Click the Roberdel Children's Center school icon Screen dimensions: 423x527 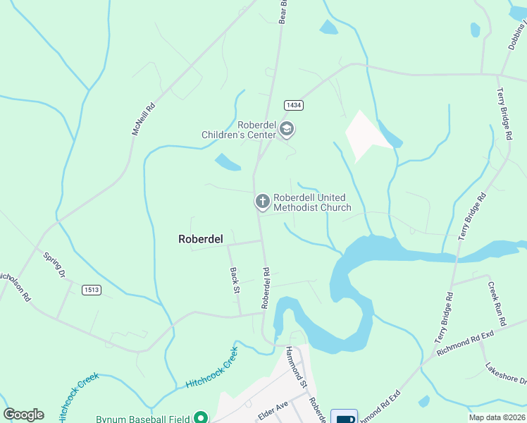pyautogui.click(x=286, y=129)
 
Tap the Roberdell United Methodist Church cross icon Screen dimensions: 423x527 pyautogui.click(x=262, y=202)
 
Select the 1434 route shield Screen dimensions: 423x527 pyautogui.click(x=294, y=105)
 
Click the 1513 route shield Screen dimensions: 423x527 pyautogui.click(x=91, y=290)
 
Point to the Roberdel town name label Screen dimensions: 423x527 pyautogui.click(x=201, y=239)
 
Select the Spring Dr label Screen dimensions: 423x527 pyautogui.click(x=54, y=265)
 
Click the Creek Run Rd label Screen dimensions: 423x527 pyautogui.click(x=497, y=303)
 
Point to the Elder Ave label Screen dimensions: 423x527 pyautogui.click(x=273, y=408)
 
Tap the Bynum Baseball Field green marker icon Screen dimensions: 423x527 pyautogui.click(x=200, y=418)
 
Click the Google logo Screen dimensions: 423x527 pyautogui.click(x=23, y=415)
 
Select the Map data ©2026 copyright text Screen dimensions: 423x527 pyautogui.click(x=487, y=417)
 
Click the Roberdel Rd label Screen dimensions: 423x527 pyautogui.click(x=266, y=288)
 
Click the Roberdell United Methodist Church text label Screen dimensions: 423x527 pyautogui.click(x=311, y=202)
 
